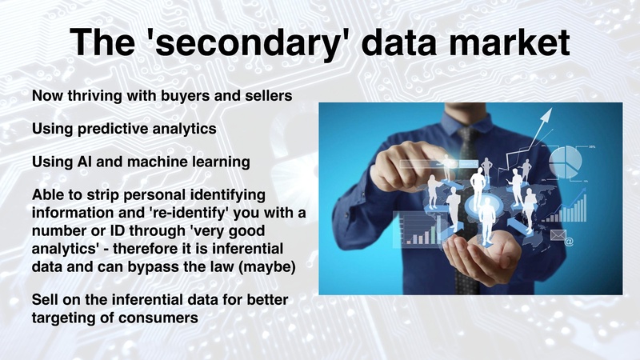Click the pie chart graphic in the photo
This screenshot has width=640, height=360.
(x=568, y=160)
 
